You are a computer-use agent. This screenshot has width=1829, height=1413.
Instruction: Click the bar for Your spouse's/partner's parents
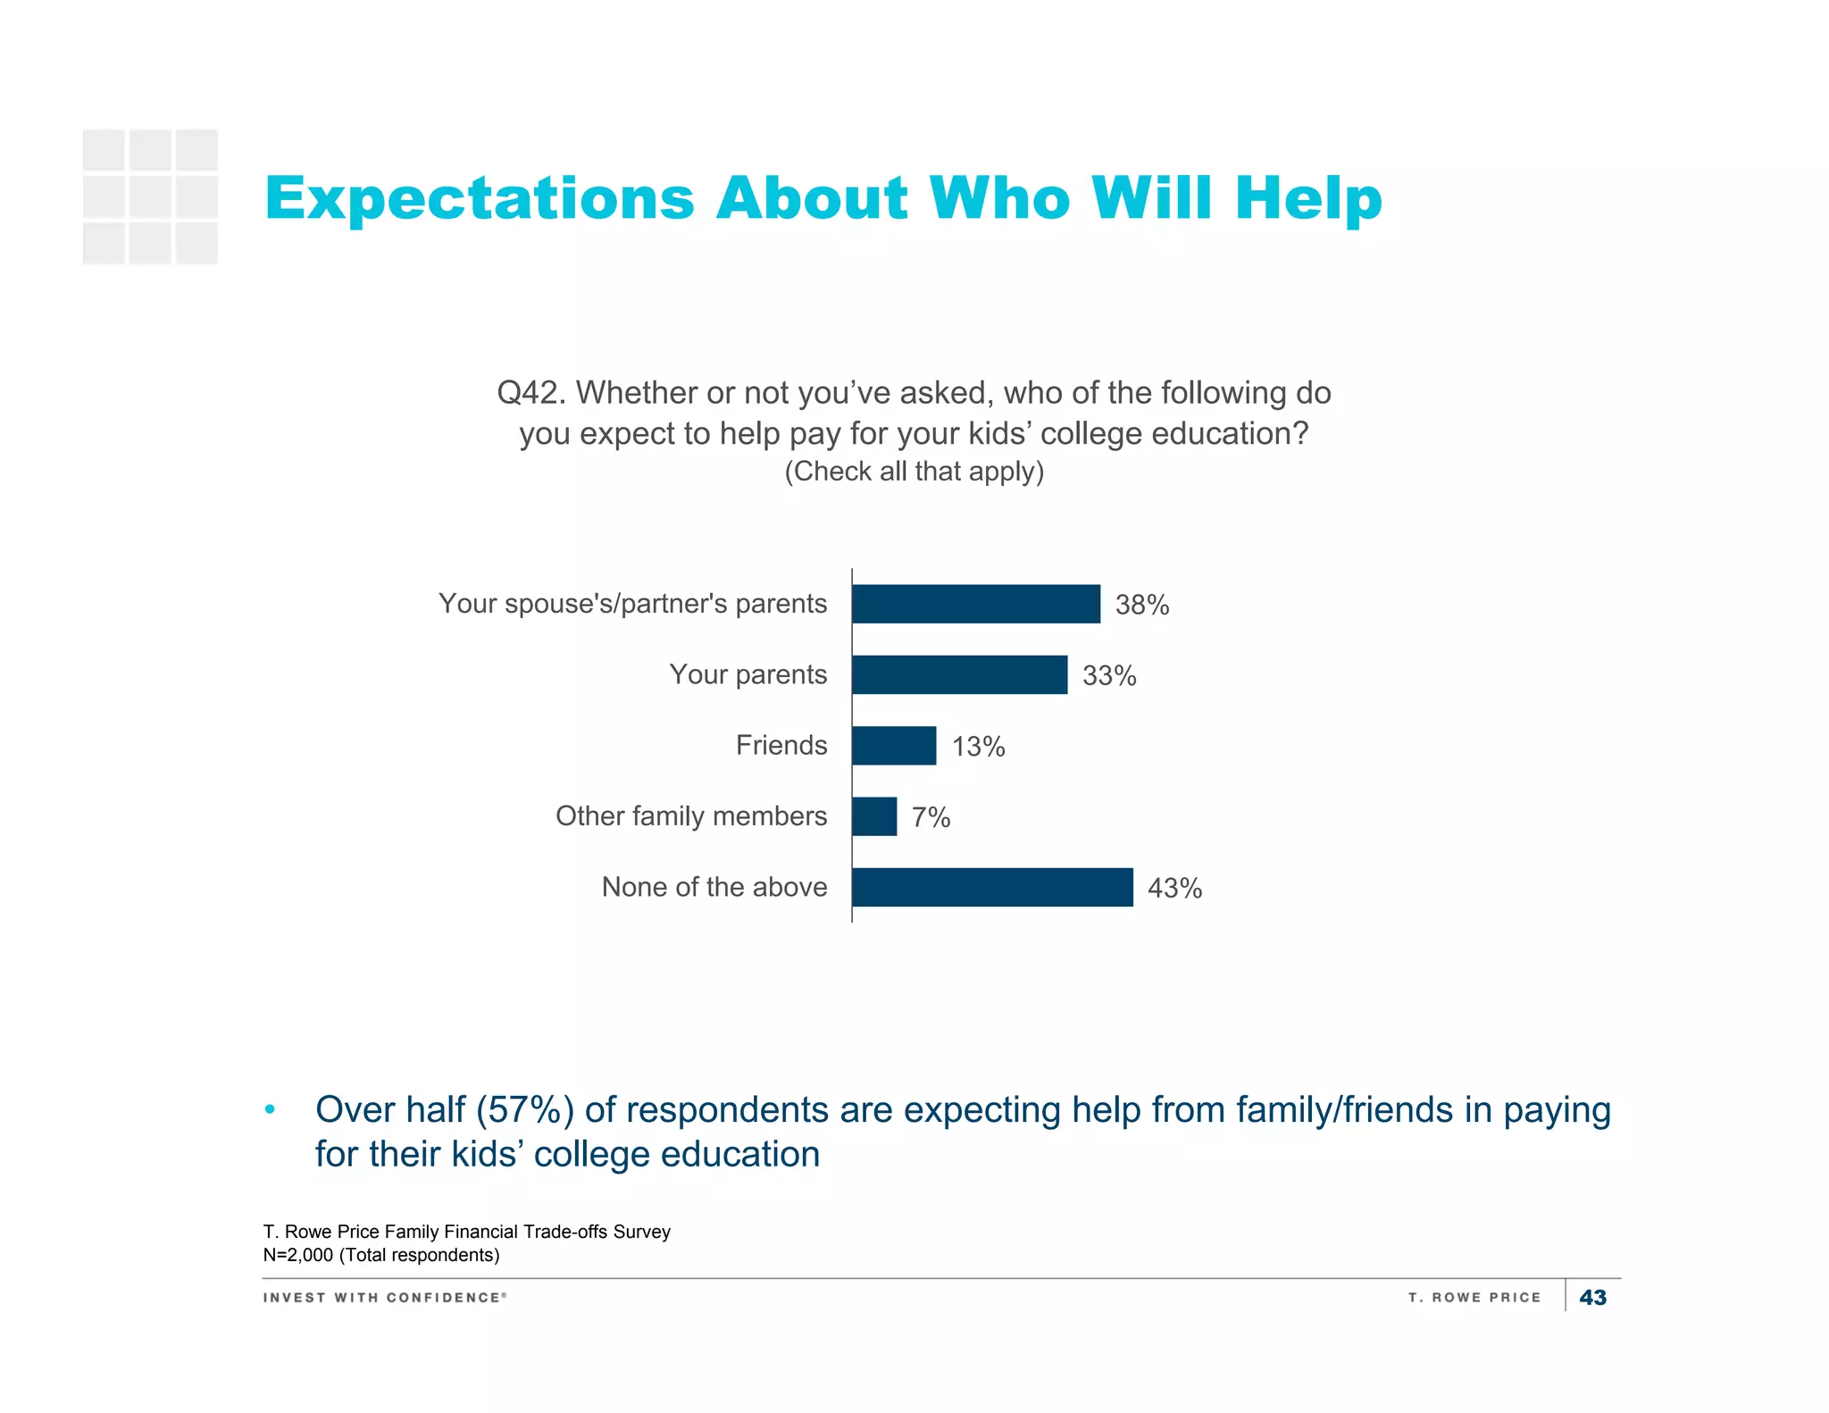[975, 604]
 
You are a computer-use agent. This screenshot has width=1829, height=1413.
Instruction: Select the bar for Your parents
[959, 674]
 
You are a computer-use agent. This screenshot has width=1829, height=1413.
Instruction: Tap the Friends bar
[894, 745]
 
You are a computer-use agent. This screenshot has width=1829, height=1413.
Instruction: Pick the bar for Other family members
[874, 816]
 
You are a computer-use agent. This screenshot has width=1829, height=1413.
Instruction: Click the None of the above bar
[992, 887]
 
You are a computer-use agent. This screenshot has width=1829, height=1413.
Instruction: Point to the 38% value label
[1141, 606]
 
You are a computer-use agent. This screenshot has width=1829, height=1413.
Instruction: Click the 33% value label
[1109, 676]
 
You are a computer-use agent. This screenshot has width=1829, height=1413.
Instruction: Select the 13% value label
[978, 747]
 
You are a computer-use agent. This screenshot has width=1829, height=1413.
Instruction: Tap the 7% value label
[931, 817]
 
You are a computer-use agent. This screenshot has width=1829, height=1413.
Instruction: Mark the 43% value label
[1174, 889]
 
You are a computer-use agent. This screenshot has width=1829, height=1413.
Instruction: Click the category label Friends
[781, 745]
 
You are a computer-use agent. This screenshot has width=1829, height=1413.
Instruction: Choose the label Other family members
[690, 815]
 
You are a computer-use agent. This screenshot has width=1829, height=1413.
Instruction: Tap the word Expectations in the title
[480, 198]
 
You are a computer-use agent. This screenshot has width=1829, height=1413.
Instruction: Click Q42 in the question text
[530, 393]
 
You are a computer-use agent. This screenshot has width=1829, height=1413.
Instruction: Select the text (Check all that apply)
[914, 471]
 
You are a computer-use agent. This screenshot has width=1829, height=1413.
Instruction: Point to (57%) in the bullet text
[524, 1110]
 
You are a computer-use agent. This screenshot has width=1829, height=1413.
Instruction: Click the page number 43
[1592, 1297]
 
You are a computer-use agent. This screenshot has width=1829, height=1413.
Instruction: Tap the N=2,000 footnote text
[381, 1255]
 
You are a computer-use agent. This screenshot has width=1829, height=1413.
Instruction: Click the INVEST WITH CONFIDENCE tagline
[384, 1297]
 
